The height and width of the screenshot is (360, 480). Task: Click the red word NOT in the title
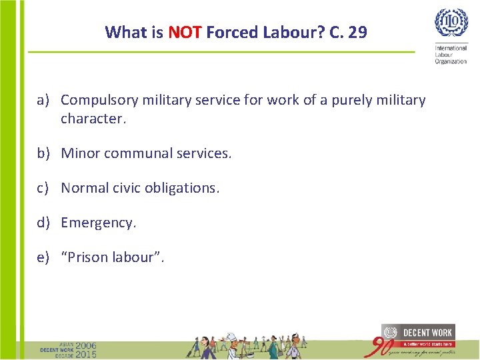(x=185, y=32)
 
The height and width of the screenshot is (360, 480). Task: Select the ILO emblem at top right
(x=451, y=23)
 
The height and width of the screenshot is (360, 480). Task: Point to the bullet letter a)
(x=44, y=100)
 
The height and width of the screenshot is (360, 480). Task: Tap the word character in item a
(x=92, y=119)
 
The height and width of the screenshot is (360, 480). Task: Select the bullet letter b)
(x=44, y=153)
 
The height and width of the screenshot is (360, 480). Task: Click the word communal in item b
(x=141, y=153)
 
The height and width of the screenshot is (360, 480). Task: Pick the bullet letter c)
(x=44, y=188)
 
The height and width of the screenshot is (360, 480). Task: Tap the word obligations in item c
(x=185, y=188)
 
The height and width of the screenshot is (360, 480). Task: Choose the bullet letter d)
(x=44, y=223)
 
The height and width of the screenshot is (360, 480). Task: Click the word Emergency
(x=97, y=223)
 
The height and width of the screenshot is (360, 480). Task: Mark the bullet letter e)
(x=44, y=257)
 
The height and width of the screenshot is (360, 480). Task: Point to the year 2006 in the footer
(x=85, y=346)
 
